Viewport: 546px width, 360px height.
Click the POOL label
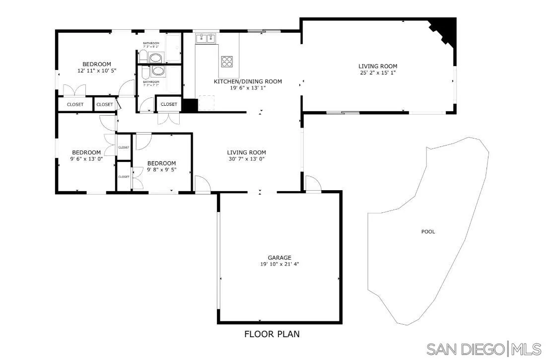pos(428,231)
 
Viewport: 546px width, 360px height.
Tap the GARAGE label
pos(279,258)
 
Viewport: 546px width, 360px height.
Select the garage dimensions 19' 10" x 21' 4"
pos(279,264)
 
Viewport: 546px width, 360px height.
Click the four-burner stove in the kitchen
pos(227,61)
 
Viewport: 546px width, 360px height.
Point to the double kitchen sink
pos(206,38)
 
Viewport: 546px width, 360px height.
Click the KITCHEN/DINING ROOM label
pos(248,81)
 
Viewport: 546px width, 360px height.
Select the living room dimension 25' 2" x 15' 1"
pos(378,72)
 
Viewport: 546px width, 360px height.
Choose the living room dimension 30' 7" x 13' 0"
pos(247,159)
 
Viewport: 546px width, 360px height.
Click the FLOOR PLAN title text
pos(272,334)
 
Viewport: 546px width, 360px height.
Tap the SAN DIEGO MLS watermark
pos(483,349)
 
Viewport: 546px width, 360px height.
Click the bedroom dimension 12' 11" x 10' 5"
pos(97,71)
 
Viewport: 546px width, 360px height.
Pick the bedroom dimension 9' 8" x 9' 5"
pos(161,170)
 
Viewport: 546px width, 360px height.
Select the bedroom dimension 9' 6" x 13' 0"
pos(86,159)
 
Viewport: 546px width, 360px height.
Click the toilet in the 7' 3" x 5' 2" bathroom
pos(156,58)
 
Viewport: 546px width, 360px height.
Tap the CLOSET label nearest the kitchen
pos(169,104)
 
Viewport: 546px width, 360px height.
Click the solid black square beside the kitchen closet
pos(190,105)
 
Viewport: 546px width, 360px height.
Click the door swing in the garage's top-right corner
pos(313,183)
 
